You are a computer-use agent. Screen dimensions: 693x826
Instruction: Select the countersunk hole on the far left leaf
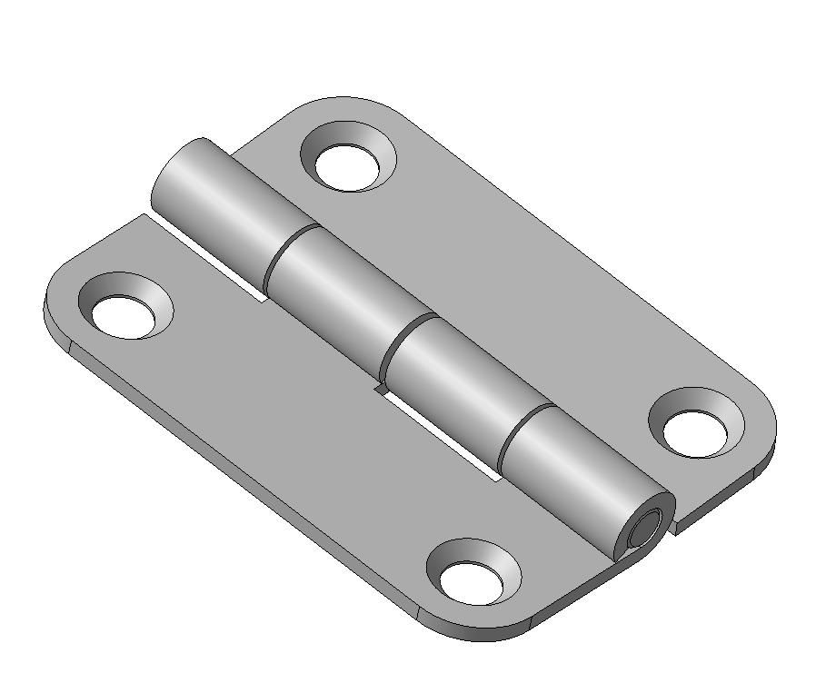pyautogui.click(x=125, y=312)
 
